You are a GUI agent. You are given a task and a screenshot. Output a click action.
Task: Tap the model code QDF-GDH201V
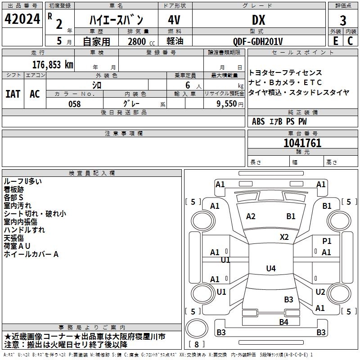(x=258, y=41)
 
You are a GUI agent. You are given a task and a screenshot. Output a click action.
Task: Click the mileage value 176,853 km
(x=53, y=64)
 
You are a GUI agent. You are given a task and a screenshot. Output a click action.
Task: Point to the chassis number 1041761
(x=302, y=143)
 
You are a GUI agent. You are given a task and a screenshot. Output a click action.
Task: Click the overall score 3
(x=343, y=20)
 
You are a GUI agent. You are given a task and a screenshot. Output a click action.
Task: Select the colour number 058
(x=75, y=103)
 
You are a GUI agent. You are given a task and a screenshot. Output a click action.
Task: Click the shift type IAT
(x=13, y=94)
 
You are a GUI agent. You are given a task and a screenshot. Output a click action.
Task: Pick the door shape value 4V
(x=175, y=20)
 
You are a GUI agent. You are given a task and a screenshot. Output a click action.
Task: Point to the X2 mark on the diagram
(x=284, y=237)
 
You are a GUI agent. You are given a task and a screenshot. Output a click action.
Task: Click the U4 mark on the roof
(x=271, y=269)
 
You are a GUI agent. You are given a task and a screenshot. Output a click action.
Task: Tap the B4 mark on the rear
(x=283, y=322)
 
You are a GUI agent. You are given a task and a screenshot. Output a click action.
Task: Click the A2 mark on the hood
(x=251, y=216)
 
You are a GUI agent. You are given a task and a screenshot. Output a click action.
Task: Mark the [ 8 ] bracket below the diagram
(x=196, y=344)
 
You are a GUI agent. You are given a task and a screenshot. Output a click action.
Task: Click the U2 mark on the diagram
(x=320, y=292)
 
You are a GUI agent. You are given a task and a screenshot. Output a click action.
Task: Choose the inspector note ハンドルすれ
(x=24, y=230)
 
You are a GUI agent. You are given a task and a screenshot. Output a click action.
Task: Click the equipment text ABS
(x=258, y=121)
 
